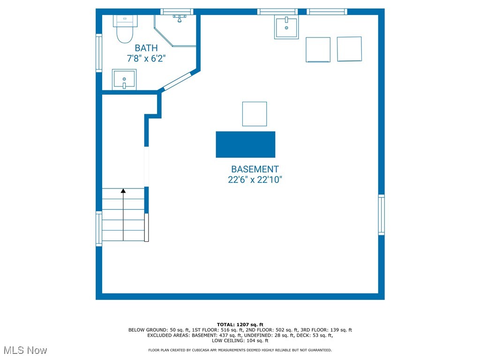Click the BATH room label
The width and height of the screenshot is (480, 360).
[x=146, y=48]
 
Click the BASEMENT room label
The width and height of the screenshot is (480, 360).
[x=255, y=169]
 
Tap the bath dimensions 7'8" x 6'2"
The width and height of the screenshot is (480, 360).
[x=146, y=58]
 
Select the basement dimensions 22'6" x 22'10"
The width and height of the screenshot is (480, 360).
[x=255, y=180]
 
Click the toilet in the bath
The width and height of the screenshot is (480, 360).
[x=125, y=29]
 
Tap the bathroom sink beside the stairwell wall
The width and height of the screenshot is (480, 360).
[x=124, y=80]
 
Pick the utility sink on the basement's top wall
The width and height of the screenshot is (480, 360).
[x=286, y=28]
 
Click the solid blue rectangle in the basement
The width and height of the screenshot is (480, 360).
[x=246, y=144]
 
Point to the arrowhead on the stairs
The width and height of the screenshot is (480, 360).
[x=123, y=191]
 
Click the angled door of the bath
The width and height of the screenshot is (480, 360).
[x=178, y=81]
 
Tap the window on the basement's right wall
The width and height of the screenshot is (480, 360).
[x=382, y=215]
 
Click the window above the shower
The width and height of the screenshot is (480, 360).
[x=177, y=12]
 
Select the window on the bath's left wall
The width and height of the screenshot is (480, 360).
[x=99, y=53]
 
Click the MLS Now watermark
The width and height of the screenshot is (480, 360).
[x=25, y=350]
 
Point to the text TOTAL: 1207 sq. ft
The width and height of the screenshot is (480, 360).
[x=240, y=324]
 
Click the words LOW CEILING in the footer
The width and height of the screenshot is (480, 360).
[x=228, y=340]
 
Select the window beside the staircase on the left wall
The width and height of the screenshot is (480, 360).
[x=99, y=229]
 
